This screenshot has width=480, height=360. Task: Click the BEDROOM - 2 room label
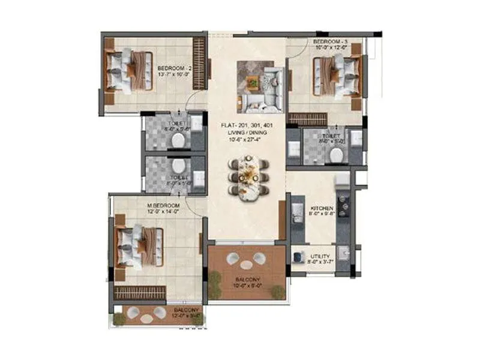pos(174,69)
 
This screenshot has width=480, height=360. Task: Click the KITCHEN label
pos(321,208)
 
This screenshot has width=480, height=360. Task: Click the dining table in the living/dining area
pos(246,176)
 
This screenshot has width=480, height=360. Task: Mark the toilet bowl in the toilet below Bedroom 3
pos(336,155)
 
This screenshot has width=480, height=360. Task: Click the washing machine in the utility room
pos(298,257)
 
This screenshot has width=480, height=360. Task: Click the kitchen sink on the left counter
pos(296,212)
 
